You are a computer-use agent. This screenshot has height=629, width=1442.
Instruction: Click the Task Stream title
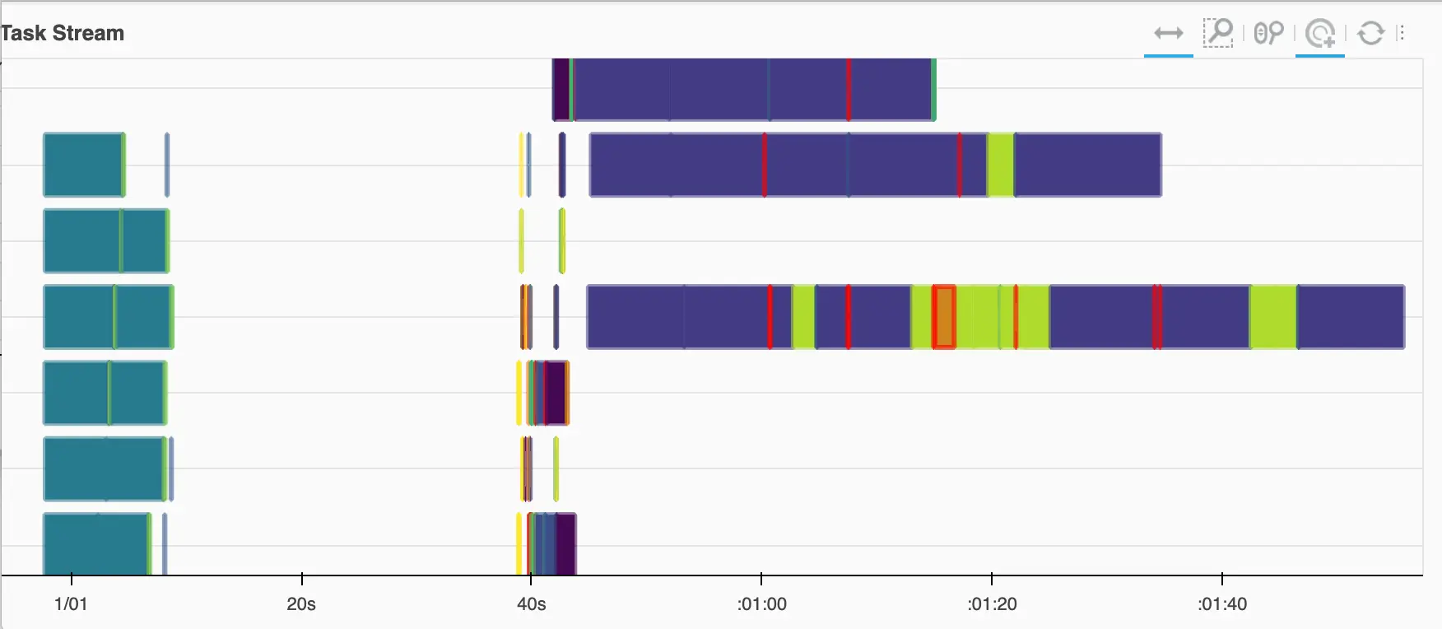pos(63,33)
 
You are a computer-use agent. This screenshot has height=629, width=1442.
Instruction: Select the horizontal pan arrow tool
pos(1168,33)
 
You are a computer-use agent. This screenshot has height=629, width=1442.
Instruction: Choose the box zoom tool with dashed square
pos(1217,33)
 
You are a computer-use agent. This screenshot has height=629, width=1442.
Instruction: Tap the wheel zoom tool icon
pos(1268,33)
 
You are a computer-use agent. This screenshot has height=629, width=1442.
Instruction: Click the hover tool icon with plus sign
pos(1320,34)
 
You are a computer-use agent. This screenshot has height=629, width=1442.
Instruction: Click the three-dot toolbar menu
pos(1401,33)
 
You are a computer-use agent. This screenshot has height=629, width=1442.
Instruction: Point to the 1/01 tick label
pos(71,604)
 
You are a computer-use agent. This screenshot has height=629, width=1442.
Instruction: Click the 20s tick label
pos(301,604)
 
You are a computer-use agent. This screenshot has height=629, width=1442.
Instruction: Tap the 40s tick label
pos(531,604)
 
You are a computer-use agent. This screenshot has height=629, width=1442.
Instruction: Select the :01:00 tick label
pos(762,604)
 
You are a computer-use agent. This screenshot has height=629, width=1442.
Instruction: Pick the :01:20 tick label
pos(993,604)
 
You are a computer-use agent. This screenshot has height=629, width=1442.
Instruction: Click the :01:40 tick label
pos(1222,604)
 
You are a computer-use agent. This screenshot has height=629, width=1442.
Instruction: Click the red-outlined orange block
pos(944,317)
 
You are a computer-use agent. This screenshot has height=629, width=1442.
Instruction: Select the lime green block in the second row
pos(1000,165)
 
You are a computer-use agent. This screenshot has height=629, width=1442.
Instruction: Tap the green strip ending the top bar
pos(933,89)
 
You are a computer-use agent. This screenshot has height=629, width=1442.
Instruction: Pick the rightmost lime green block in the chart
pos(1273,317)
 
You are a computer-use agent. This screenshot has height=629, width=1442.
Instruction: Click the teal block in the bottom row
pos(95,543)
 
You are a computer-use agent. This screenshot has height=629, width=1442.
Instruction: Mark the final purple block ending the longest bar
pos(1351,317)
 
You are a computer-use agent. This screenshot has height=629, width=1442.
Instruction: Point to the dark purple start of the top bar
pos(561,89)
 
